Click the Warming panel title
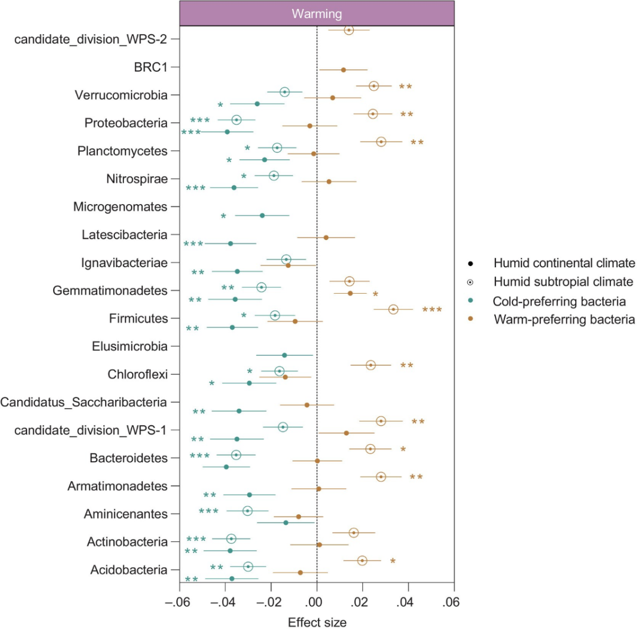(317, 14)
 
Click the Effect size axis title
(317, 622)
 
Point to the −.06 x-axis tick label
(180, 603)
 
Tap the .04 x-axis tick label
(408, 603)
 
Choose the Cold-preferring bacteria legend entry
(559, 301)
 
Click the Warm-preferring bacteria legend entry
(563, 320)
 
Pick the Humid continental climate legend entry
(563, 262)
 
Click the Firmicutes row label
(138, 318)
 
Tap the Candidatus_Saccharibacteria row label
(84, 403)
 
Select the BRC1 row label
(151, 67)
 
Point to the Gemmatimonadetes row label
(110, 291)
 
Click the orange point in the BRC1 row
(343, 70)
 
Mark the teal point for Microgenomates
(262, 216)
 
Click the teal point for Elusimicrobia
(284, 355)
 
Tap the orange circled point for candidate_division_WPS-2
(349, 29)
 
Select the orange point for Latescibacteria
(326, 238)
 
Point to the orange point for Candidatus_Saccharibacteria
(307, 405)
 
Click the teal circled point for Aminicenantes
(248, 511)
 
